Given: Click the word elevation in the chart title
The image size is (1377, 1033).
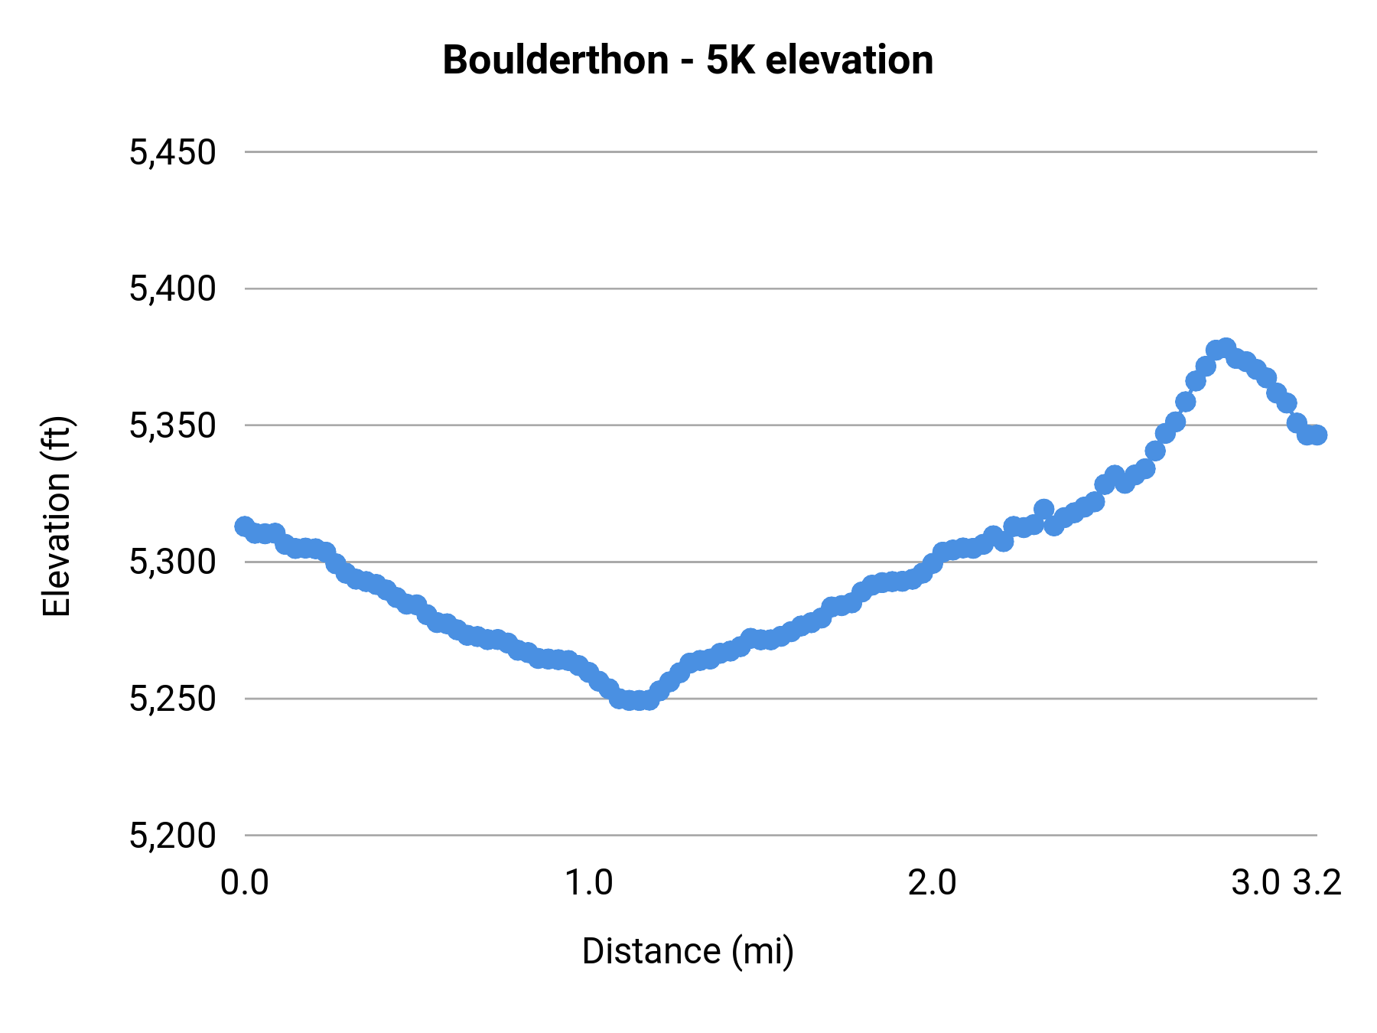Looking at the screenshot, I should pyautogui.click(x=849, y=60).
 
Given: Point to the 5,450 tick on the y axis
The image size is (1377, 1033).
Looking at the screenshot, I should pyautogui.click(x=172, y=152).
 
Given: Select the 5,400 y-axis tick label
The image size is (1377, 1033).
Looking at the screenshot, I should pyautogui.click(x=172, y=289).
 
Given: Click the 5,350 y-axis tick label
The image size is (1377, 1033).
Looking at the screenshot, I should pyautogui.click(x=172, y=425).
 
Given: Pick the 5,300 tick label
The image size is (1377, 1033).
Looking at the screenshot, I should pyautogui.click(x=172, y=562).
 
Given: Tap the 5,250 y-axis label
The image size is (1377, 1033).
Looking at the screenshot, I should pyautogui.click(x=172, y=699).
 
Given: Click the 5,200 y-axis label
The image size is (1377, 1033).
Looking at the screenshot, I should pyautogui.click(x=172, y=836).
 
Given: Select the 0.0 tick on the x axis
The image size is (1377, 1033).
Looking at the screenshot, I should pyautogui.click(x=244, y=883).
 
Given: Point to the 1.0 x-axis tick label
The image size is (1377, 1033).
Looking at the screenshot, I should pyautogui.click(x=588, y=883).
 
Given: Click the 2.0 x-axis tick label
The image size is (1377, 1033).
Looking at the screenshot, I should pyautogui.click(x=932, y=883).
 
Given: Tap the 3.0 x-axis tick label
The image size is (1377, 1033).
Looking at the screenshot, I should pyautogui.click(x=1255, y=883).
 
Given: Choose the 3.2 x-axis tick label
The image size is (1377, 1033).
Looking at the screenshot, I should pyautogui.click(x=1317, y=883).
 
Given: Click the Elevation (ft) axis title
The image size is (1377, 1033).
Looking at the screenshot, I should pyautogui.click(x=57, y=516).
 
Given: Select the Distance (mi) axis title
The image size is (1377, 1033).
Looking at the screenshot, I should pyautogui.click(x=688, y=951).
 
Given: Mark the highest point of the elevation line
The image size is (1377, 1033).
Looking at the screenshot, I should pyautogui.click(x=1226, y=347).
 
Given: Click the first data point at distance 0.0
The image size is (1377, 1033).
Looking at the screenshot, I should pyautogui.click(x=244, y=526).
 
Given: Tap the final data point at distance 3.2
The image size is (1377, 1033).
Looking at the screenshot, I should pyautogui.click(x=1317, y=435).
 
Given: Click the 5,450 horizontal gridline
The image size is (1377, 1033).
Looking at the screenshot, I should pyautogui.click(x=765, y=152).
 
